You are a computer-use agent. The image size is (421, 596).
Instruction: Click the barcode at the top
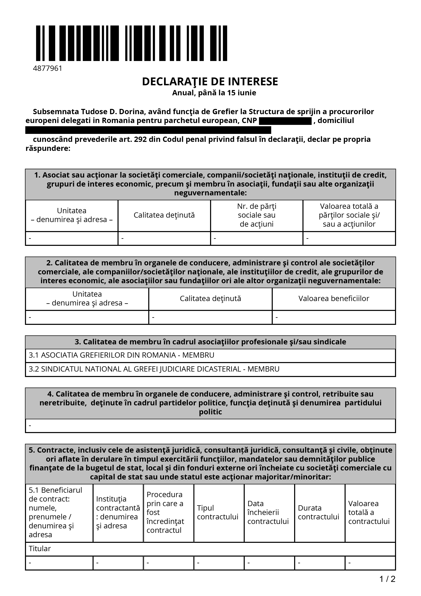click(x=131, y=43)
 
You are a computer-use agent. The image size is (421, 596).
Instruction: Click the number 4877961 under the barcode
click(x=48, y=68)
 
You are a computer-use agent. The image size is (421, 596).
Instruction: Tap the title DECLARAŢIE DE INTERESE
click(x=210, y=82)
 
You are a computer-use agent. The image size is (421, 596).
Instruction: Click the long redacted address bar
click(x=148, y=130)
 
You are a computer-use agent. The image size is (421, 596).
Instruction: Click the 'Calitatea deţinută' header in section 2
click(x=210, y=299)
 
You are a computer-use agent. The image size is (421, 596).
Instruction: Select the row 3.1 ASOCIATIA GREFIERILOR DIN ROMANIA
click(x=121, y=355)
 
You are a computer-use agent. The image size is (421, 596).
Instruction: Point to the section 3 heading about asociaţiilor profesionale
click(x=210, y=342)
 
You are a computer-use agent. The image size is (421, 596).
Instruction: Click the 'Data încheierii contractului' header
click(x=268, y=512)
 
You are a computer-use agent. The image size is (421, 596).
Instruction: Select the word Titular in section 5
click(x=40, y=548)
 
